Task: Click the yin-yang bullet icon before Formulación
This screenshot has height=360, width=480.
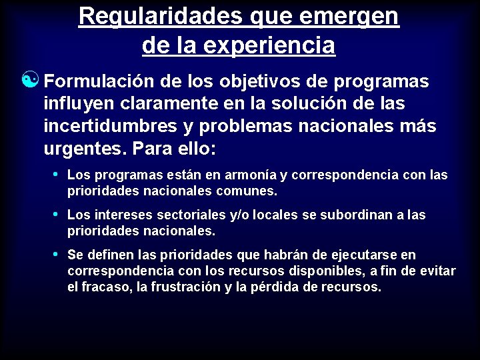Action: click(31, 81)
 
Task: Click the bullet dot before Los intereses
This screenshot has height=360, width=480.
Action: click(55, 214)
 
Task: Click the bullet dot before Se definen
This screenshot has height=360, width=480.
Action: click(55, 254)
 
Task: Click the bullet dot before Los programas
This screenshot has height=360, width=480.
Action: click(55, 174)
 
